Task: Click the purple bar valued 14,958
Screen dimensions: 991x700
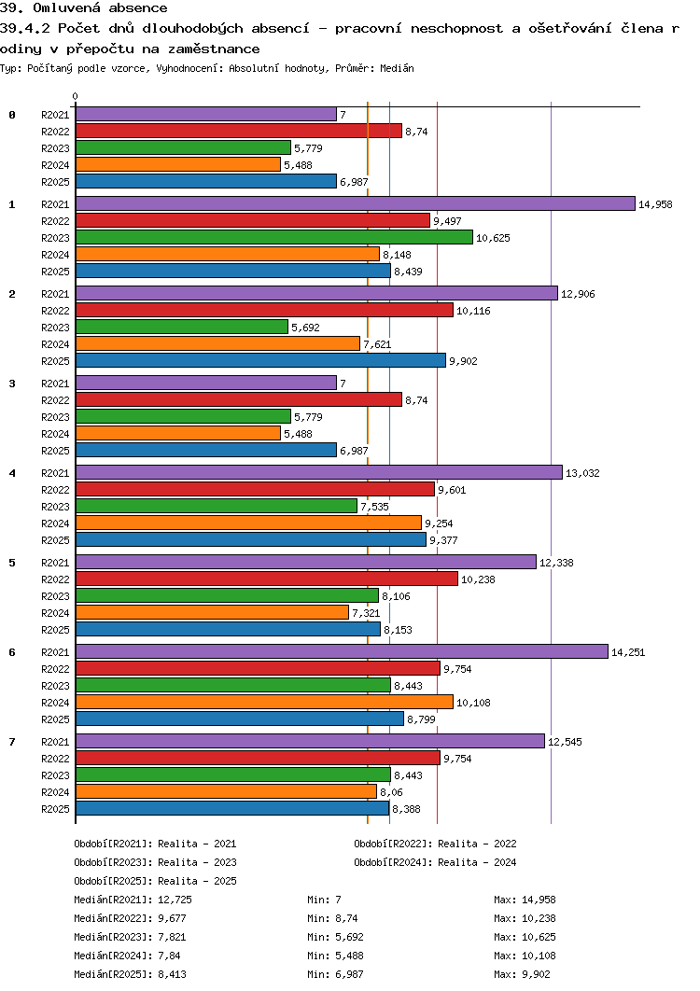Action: click(x=355, y=203)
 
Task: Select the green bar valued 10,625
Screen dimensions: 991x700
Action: click(x=273, y=237)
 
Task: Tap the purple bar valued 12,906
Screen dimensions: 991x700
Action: click(x=316, y=293)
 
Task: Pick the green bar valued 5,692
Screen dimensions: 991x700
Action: click(x=181, y=327)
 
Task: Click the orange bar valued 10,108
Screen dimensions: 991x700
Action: click(x=264, y=702)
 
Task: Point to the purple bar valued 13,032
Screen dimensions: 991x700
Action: click(x=318, y=472)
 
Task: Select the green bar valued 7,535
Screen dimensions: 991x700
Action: click(x=216, y=506)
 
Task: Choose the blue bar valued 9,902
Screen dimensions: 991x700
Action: click(x=260, y=360)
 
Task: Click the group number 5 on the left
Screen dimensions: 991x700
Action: click(x=12, y=563)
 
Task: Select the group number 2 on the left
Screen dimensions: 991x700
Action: click(x=12, y=294)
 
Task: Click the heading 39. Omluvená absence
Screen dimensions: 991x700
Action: click(x=84, y=8)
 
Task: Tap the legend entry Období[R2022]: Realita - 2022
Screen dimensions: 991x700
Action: click(x=435, y=844)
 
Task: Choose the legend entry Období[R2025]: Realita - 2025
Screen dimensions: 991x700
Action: click(x=155, y=881)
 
